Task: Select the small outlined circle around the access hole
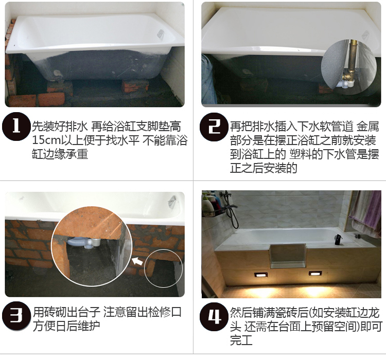coord(163,267)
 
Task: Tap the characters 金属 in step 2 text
coord(366,126)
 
